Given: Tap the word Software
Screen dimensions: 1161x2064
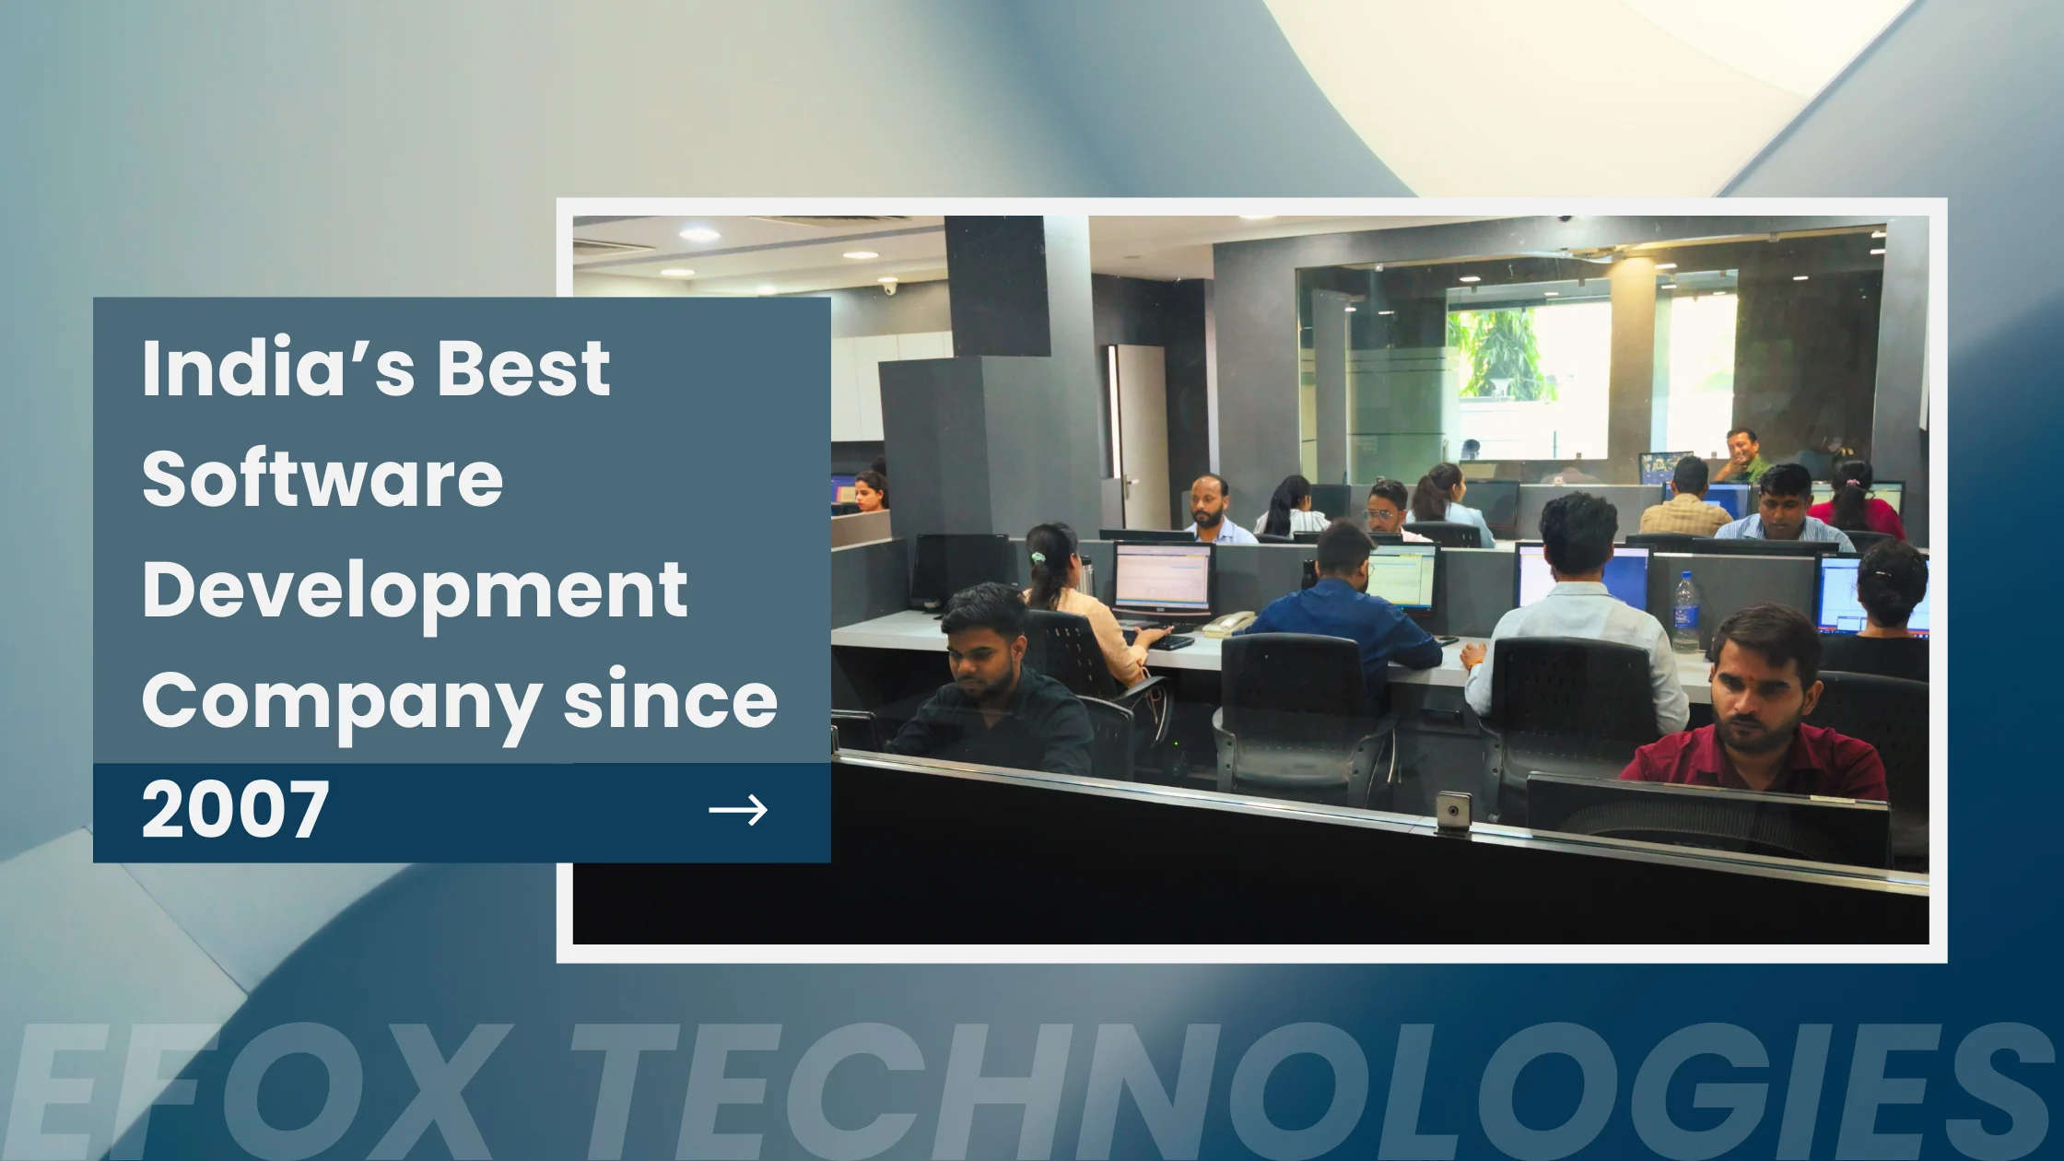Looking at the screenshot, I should [322, 479].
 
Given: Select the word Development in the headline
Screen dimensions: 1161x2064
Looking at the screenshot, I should [415, 591].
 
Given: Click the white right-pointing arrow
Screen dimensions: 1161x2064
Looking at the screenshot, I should [738, 811].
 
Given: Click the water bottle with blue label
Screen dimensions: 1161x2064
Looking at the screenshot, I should [1685, 613].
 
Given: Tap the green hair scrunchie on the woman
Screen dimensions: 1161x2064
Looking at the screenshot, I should [1038, 557].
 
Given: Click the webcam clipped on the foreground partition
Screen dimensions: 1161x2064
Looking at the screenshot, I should [1453, 812].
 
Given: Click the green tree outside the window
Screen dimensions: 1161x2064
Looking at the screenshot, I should [1497, 350].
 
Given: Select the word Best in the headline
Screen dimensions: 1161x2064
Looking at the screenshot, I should [522, 369].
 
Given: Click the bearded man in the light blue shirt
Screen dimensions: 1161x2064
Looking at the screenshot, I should [1214, 511].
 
